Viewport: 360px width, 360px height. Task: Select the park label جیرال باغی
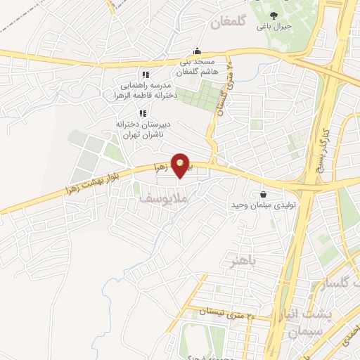pyautogui.click(x=274, y=27)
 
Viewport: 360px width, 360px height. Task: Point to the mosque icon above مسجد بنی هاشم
pyautogui.click(x=197, y=51)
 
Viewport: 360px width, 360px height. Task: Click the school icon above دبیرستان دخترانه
pyautogui.click(x=142, y=112)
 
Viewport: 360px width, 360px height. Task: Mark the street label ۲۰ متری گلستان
pyautogui.click(x=223, y=96)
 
